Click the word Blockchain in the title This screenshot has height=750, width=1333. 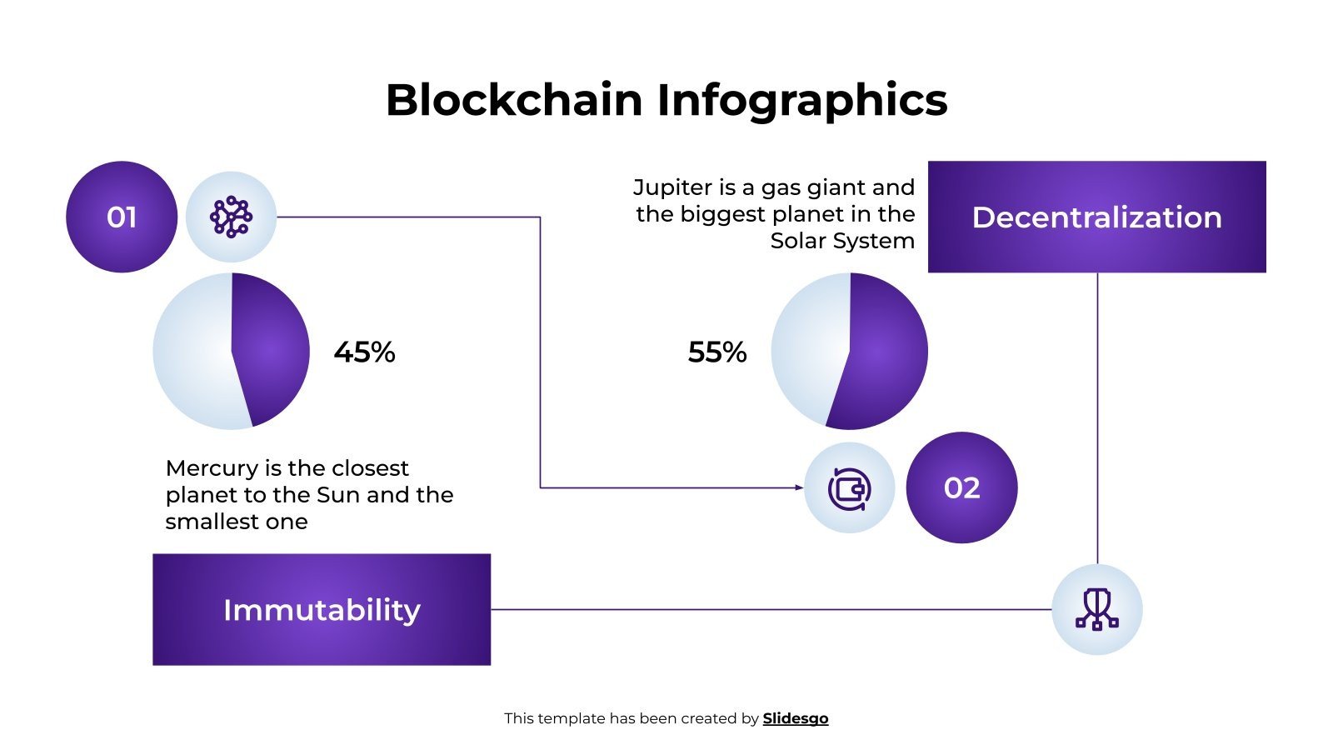coord(514,100)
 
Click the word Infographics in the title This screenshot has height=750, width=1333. coord(801,100)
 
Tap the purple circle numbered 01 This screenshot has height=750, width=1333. coord(122,217)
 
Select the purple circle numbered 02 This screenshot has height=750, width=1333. coord(961,487)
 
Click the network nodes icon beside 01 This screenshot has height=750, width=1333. coord(231,217)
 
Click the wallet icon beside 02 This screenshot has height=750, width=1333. coord(849,488)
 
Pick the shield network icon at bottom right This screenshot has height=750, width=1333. coord(1096,609)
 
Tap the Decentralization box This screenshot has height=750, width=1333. coord(1096,217)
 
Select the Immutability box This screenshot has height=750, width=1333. coord(322,609)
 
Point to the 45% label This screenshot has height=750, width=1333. coord(364,352)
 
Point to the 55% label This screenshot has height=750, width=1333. coord(716,352)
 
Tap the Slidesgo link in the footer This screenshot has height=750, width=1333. coord(795,718)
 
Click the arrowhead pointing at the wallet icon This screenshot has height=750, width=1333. coord(799,487)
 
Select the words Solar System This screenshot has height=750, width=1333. coord(841,241)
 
